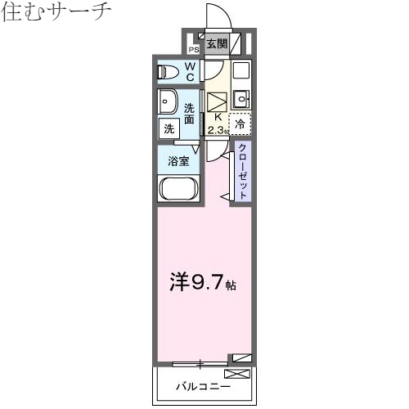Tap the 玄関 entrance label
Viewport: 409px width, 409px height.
[216, 45]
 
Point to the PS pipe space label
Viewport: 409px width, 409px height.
[195, 48]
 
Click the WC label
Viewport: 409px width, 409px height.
[189, 71]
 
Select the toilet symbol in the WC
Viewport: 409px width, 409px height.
[168, 71]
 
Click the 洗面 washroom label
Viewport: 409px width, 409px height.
[189, 114]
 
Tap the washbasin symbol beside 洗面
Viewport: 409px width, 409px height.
[169, 104]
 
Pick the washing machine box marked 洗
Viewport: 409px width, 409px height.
[169, 128]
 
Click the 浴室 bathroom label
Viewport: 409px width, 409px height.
[178, 161]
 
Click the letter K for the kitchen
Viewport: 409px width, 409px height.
[217, 117]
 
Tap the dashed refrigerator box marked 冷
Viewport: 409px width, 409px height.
[240, 124]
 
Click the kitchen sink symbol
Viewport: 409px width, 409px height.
[240, 100]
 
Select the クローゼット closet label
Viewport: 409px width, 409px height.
[243, 171]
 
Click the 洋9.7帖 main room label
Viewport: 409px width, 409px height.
[203, 283]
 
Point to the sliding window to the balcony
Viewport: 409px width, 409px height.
[200, 361]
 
